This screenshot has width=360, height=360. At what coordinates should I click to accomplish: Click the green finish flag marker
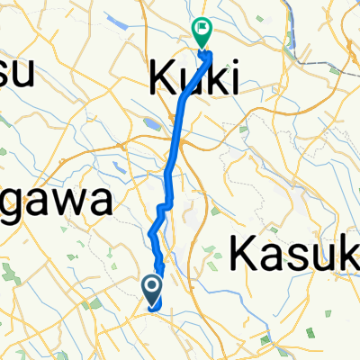click(200, 32)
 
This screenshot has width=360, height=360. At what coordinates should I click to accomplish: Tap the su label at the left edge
click(15, 72)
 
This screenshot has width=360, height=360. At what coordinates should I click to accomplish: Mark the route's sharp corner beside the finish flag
click(211, 55)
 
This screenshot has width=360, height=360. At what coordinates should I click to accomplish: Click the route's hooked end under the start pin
click(155, 307)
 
